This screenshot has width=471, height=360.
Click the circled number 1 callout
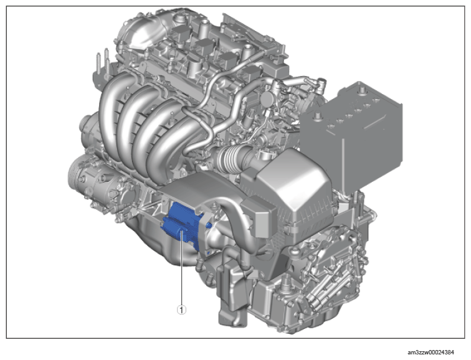click(181, 310)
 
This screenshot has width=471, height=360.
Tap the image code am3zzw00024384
click(431, 352)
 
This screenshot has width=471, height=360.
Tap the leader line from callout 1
click(181, 267)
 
